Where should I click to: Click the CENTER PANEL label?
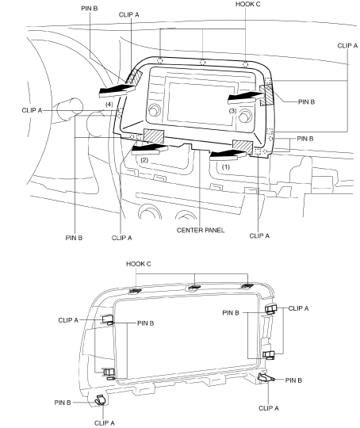(201, 230)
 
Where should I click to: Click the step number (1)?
(226, 166)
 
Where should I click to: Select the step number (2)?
(144, 160)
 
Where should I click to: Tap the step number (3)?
(232, 111)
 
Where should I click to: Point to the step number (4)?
(109, 105)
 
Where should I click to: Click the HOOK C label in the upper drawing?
(247, 4)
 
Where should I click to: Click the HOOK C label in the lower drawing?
(139, 264)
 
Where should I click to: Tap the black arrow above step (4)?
(117, 90)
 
